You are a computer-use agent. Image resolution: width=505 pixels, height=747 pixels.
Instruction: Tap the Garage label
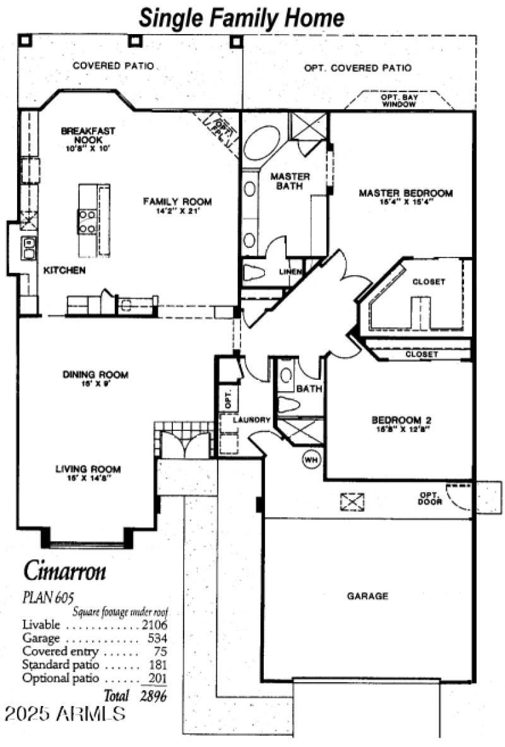pyautogui.click(x=367, y=596)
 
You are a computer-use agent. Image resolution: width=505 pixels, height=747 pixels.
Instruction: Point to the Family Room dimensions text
pyautogui.click(x=177, y=211)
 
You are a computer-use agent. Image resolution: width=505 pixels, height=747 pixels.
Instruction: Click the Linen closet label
pyautogui.click(x=291, y=272)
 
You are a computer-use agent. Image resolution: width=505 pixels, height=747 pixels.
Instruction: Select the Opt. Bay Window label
pyautogui.click(x=398, y=101)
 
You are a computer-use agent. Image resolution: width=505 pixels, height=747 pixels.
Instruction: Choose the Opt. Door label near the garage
pyautogui.click(x=429, y=498)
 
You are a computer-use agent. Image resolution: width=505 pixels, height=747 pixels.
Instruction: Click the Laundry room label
pyautogui.click(x=251, y=420)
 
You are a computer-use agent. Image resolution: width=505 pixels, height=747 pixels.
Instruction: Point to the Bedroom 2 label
pyautogui.click(x=401, y=420)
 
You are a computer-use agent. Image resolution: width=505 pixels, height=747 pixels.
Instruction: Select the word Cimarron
pyautogui.click(x=65, y=570)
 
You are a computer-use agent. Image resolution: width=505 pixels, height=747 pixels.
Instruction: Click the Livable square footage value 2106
pyautogui.click(x=154, y=625)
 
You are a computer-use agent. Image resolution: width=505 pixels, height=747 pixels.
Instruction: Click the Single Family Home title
pyautogui.click(x=242, y=17)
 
